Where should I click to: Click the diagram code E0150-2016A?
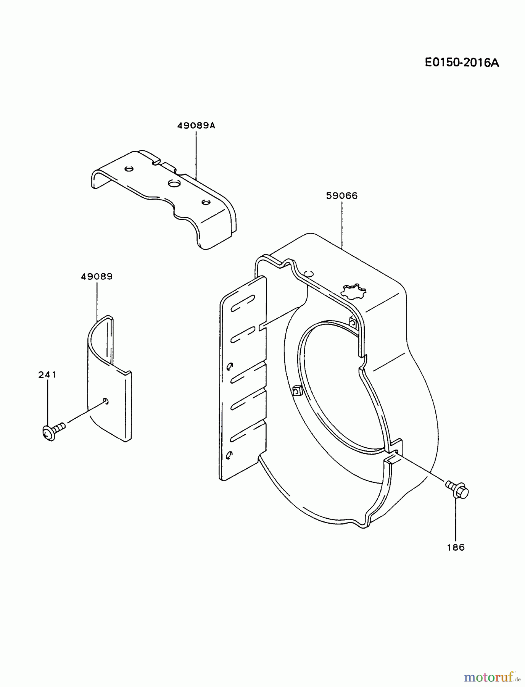pyautogui.click(x=462, y=63)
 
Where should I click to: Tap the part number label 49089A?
pyautogui.click(x=196, y=125)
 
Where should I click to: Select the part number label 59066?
pyautogui.click(x=342, y=196)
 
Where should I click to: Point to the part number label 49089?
pyautogui.click(x=97, y=276)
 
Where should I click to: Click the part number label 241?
pyautogui.click(x=47, y=375)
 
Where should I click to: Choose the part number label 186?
pyautogui.click(x=456, y=547)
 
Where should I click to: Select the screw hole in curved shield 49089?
pyautogui.click(x=106, y=400)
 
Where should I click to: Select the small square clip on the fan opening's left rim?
pyautogui.click(x=297, y=390)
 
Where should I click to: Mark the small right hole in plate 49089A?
pyautogui.click(x=206, y=202)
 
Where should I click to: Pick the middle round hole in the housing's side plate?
pyautogui.click(x=229, y=367)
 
